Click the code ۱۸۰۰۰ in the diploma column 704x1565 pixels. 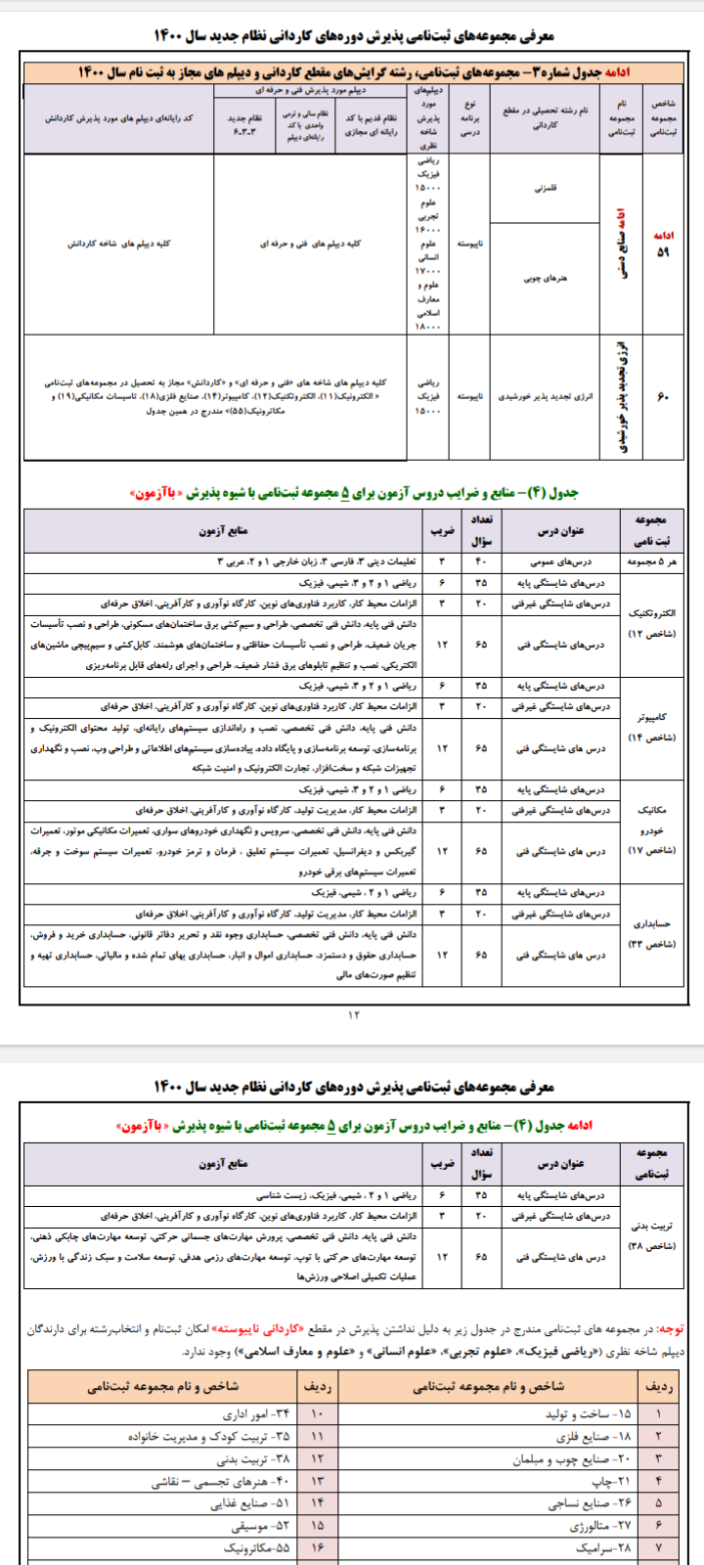coord(428,327)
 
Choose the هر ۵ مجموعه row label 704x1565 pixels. coord(651,561)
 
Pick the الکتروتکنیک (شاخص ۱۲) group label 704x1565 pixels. coord(651,623)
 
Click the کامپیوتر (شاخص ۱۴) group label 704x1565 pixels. coord(651,727)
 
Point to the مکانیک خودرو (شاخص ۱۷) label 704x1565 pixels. coord(651,830)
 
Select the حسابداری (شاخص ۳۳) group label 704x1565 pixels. coord(651,933)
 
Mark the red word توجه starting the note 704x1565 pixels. coord(672,1329)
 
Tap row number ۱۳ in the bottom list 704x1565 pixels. coord(317,1482)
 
